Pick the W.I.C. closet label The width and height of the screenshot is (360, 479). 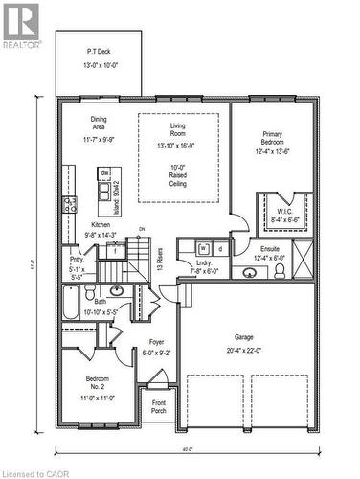tap(285, 214)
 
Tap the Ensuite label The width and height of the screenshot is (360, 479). tap(269, 252)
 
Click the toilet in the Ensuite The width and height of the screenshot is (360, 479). tap(280, 271)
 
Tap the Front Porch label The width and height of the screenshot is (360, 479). tap(158, 407)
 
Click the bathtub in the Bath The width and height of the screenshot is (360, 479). tap(71, 308)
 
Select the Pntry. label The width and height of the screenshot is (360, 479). tap(76, 265)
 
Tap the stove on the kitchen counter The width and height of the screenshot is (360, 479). tap(70, 203)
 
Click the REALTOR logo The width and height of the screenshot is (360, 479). tap(21, 24)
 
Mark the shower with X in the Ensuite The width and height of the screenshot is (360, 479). tap(304, 261)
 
